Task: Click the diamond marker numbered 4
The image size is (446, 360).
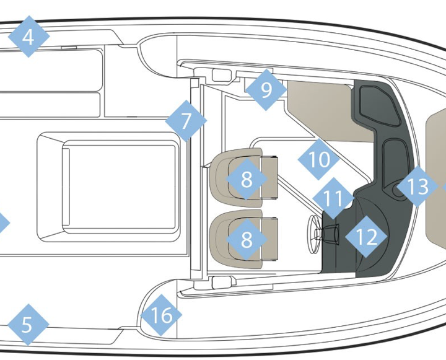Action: click(28, 37)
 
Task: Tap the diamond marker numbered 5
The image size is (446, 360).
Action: click(28, 325)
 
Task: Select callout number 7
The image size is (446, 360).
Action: click(186, 121)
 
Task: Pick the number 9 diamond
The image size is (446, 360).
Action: click(266, 90)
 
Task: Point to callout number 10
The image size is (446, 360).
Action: click(318, 159)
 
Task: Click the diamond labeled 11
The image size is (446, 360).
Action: click(333, 198)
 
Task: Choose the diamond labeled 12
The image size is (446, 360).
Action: click(366, 237)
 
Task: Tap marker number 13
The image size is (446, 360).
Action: click(418, 187)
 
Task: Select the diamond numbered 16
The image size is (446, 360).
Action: click(161, 315)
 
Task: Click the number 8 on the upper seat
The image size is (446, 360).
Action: click(247, 178)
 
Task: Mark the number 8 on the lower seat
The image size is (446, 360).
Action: click(247, 239)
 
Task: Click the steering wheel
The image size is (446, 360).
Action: click(313, 234)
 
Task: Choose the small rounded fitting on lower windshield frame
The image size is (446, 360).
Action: click(222, 282)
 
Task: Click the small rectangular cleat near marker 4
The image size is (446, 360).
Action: click(69, 47)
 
